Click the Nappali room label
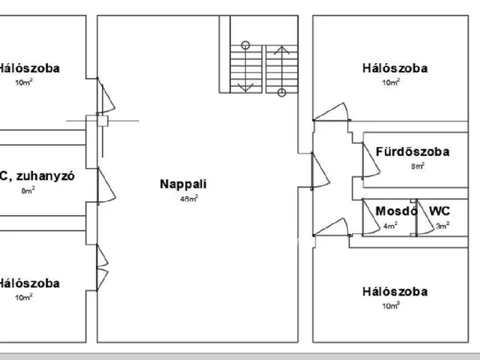[x=183, y=184]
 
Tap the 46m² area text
[x=188, y=199]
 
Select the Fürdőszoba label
[x=412, y=152]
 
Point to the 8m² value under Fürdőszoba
[x=418, y=166]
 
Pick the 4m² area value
[x=390, y=225]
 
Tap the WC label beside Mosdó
[x=439, y=211]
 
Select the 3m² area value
[x=443, y=225]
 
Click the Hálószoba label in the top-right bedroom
[x=394, y=68]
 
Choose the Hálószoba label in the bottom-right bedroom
[x=394, y=291]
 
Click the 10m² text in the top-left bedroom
[x=24, y=82]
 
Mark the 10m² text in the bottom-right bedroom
[x=391, y=305]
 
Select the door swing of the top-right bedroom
[x=332, y=112]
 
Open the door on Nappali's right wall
[x=320, y=172]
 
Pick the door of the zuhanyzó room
[x=105, y=184]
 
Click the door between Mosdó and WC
[x=419, y=219]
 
